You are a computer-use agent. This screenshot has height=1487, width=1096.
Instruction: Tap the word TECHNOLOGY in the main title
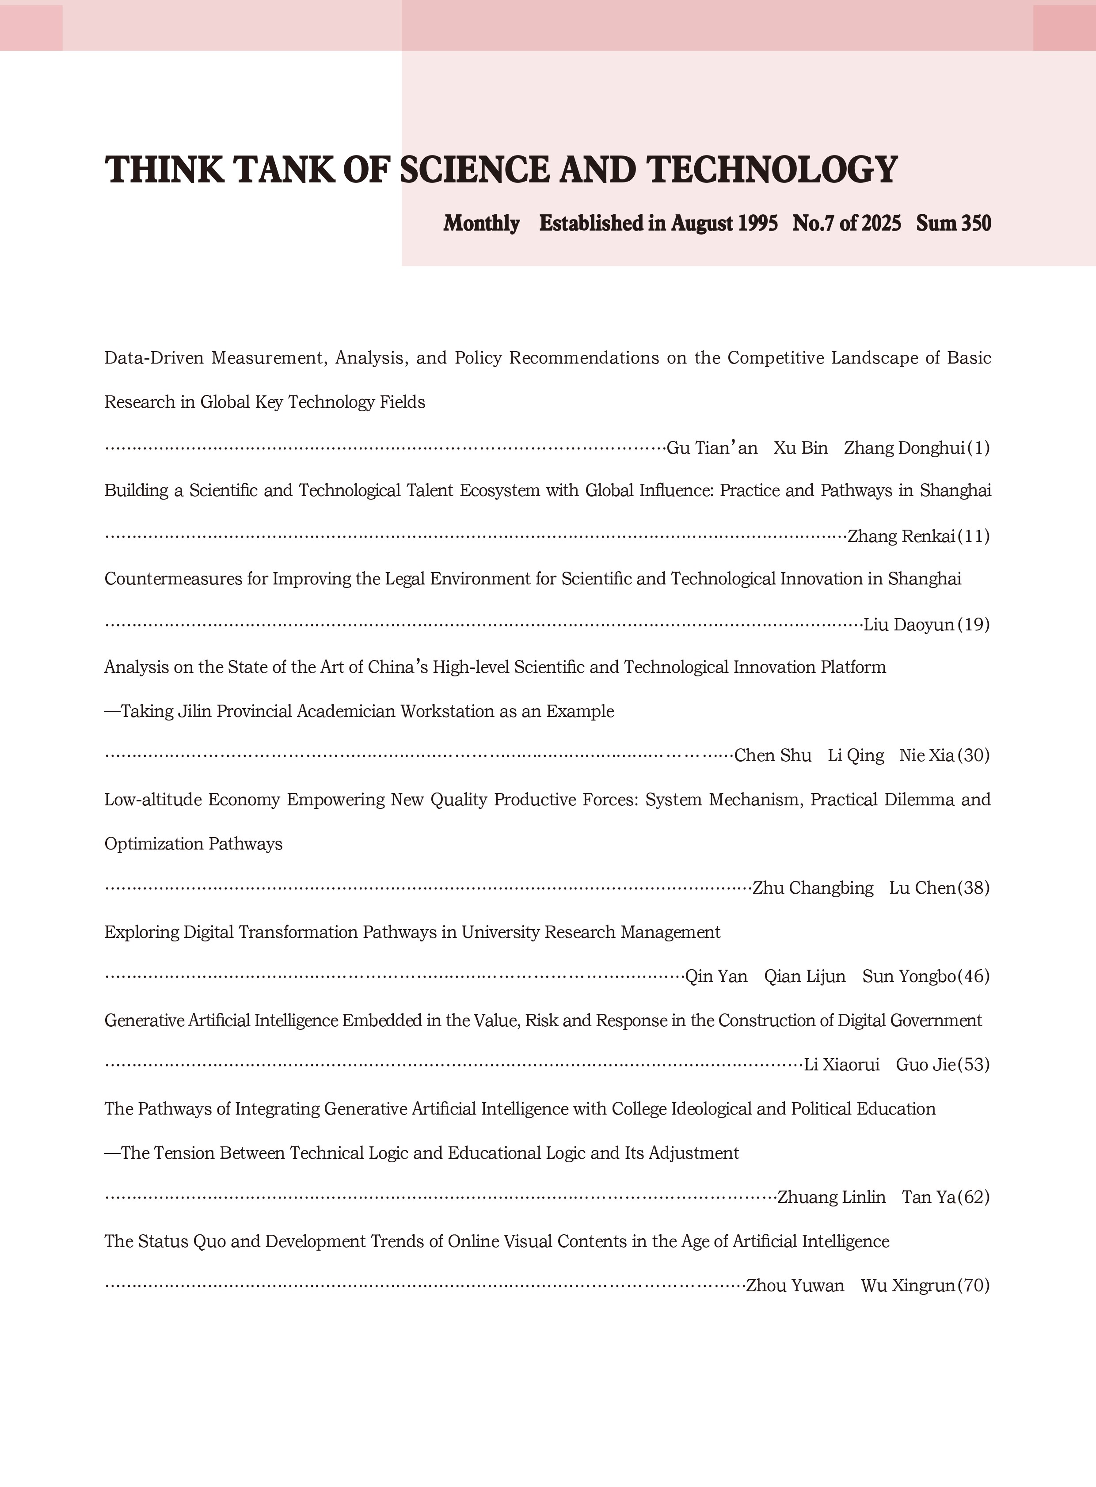point(772,169)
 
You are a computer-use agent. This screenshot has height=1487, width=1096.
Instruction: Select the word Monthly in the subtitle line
point(482,224)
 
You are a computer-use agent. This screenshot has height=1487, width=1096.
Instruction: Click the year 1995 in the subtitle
point(757,224)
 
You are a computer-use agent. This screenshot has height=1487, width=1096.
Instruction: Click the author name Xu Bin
point(801,448)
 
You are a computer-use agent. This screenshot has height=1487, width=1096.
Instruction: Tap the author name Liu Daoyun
point(909,625)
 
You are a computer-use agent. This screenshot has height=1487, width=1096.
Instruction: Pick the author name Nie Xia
point(927,755)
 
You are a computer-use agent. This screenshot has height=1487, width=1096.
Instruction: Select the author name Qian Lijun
point(805,976)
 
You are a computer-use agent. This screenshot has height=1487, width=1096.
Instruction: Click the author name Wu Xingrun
point(908,1286)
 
